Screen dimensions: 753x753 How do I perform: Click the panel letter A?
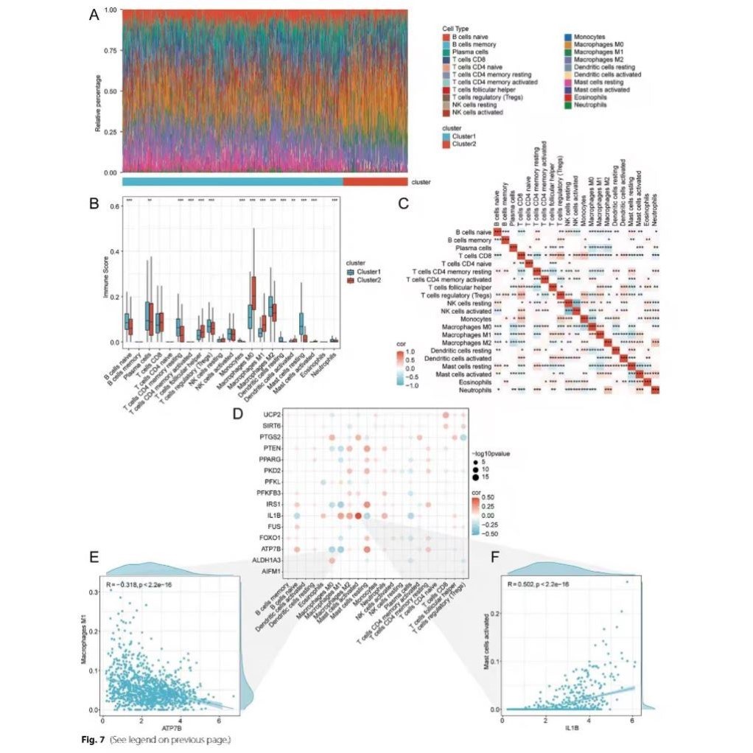pos(94,15)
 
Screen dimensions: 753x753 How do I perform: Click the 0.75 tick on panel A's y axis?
pos(111,51)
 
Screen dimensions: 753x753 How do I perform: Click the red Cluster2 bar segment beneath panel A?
pos(374,181)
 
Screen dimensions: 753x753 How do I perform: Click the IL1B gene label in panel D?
pos(270,516)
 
